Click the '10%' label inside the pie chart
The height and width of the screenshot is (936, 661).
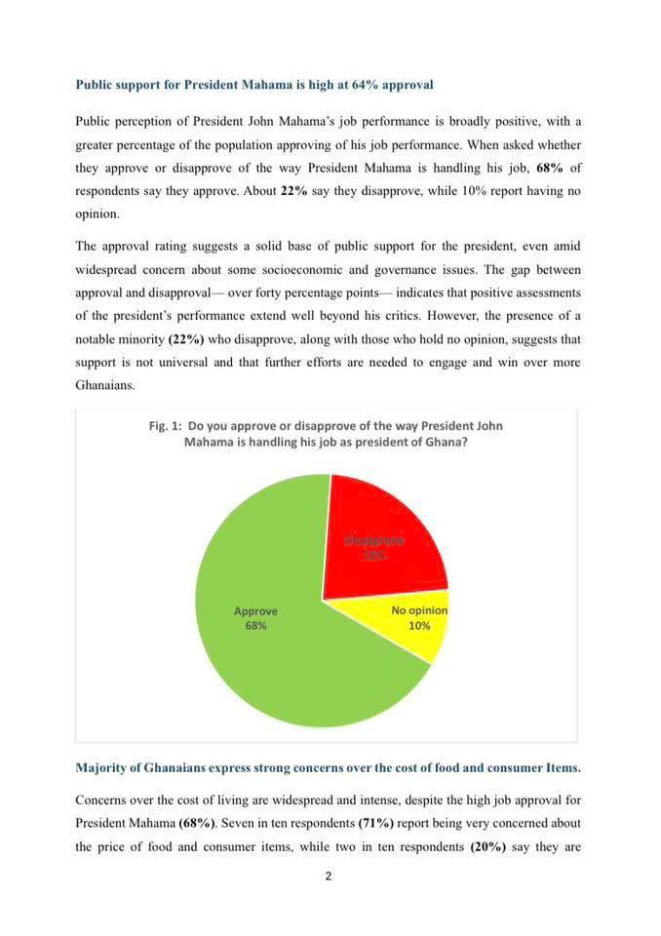point(419,626)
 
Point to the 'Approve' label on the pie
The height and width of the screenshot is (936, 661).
point(255,611)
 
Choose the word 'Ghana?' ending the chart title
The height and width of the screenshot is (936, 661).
point(440,442)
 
